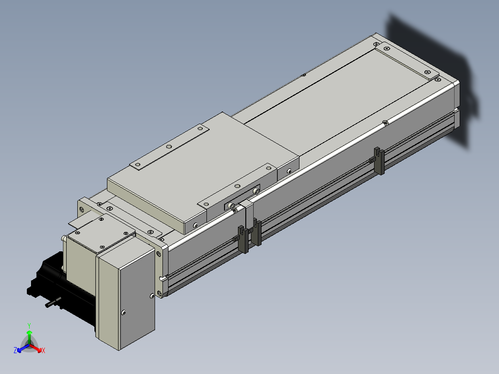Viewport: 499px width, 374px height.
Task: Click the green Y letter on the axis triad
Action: (x=29, y=325)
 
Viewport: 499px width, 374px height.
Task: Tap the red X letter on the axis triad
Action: (x=44, y=350)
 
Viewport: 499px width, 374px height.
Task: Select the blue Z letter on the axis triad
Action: (x=15, y=350)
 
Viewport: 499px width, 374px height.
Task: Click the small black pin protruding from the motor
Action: (x=53, y=302)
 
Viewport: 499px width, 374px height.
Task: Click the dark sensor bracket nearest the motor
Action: (x=243, y=239)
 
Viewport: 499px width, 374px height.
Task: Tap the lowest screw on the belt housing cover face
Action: (x=124, y=312)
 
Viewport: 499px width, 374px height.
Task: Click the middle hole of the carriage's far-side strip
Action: (x=169, y=147)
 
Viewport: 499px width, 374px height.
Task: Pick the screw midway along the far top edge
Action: (x=304, y=75)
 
